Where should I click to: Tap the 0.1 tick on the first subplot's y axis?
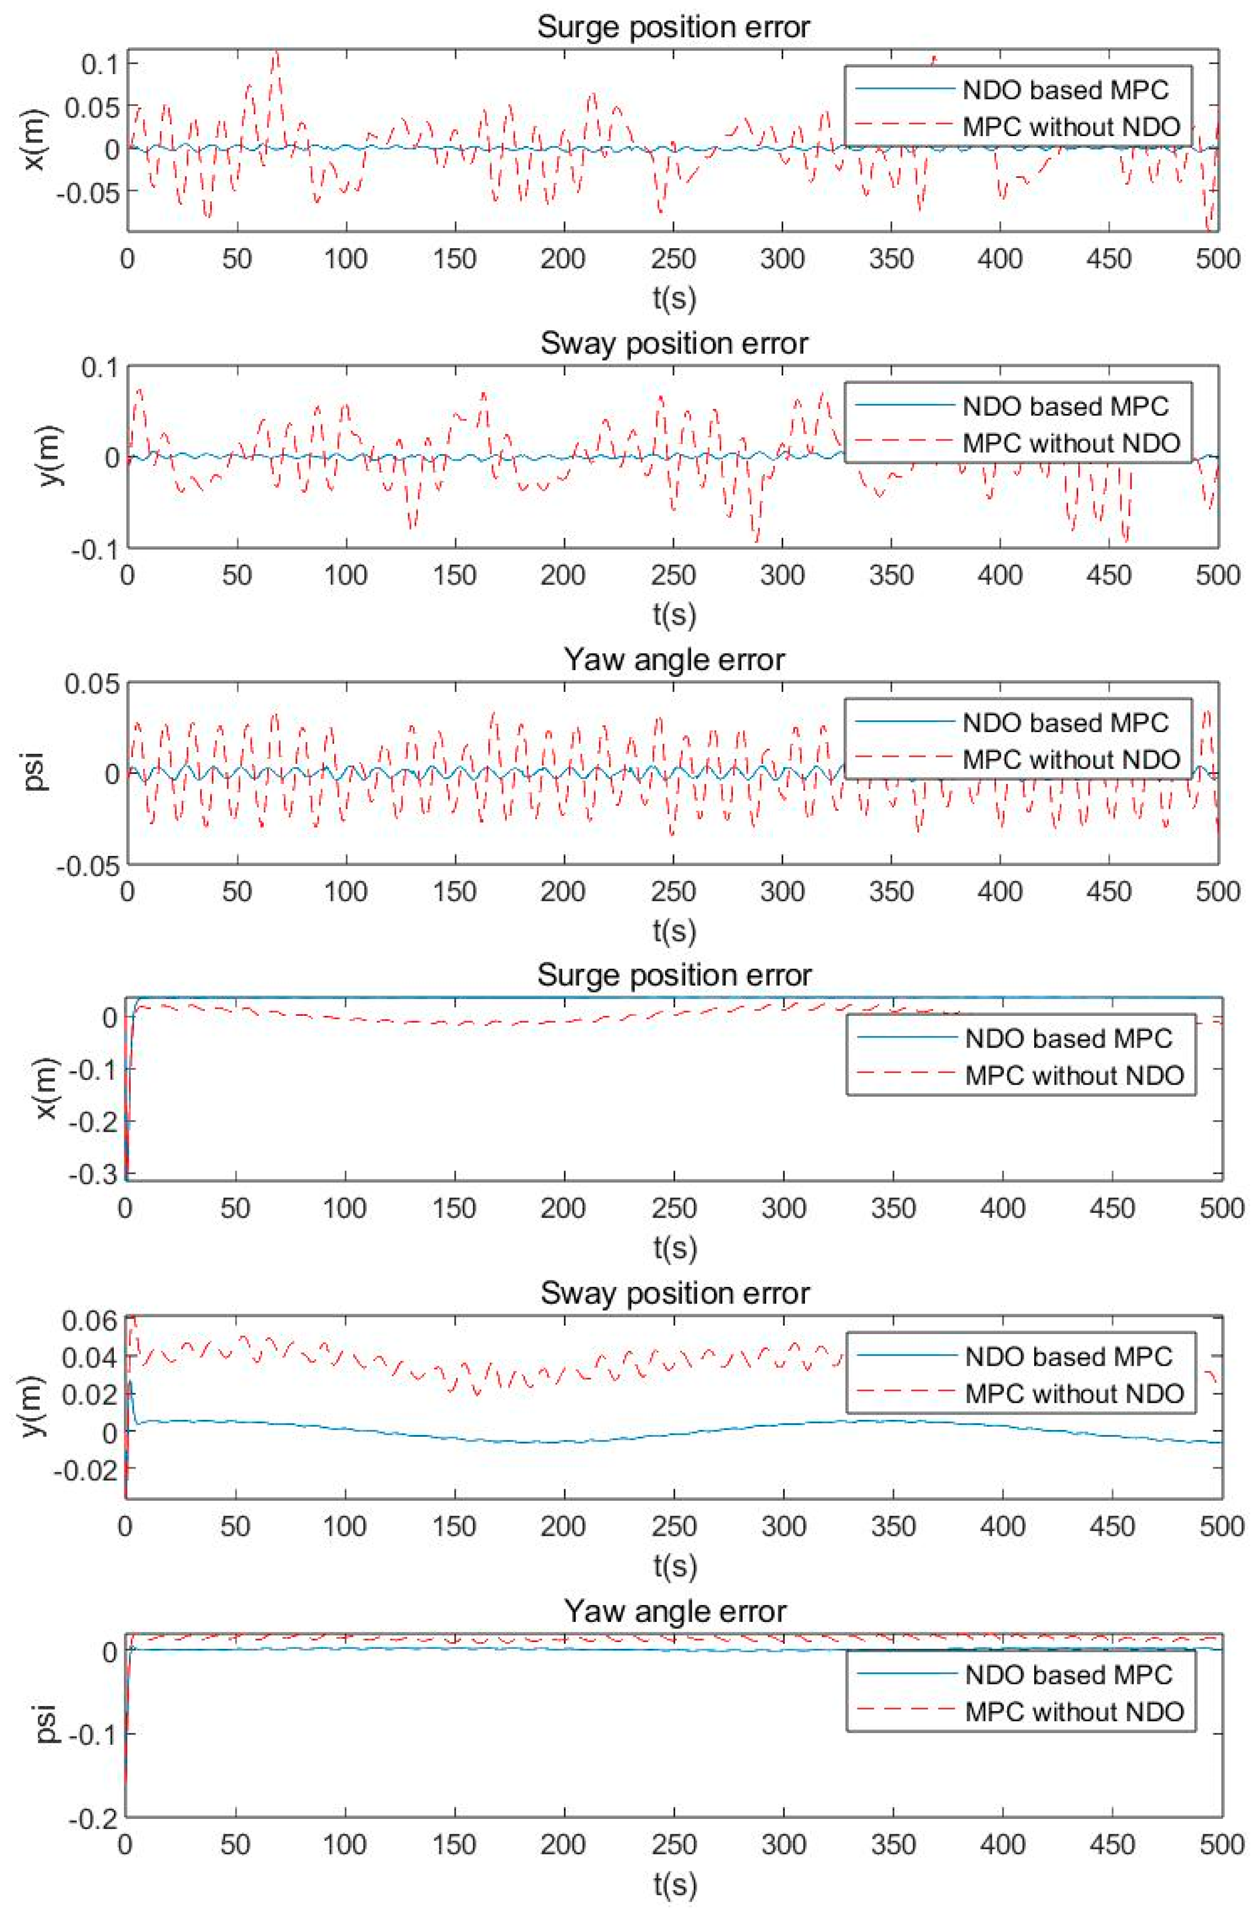click(x=101, y=64)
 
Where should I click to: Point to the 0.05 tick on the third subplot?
click(x=91, y=683)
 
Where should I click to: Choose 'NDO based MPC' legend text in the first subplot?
click(x=1065, y=90)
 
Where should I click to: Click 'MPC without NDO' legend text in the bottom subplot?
click(x=1074, y=1710)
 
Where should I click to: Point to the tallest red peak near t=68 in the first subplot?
click(x=275, y=53)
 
